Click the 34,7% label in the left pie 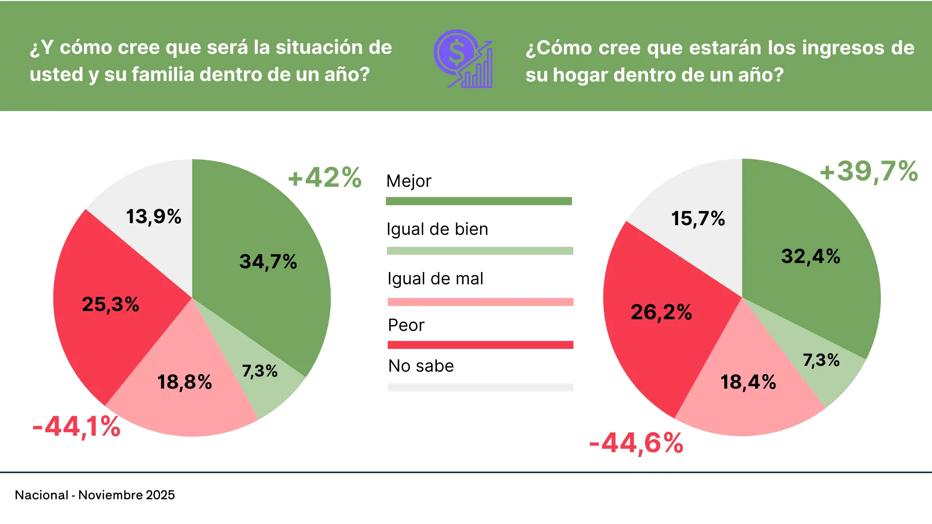[x=268, y=262]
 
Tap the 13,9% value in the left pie [x=153, y=216]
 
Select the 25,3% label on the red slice [x=111, y=305]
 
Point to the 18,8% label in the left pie [x=184, y=382]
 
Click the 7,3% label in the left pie [x=260, y=371]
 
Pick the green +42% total [x=325, y=178]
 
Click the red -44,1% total [x=76, y=427]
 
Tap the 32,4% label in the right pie [x=811, y=256]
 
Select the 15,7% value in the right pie [x=698, y=218]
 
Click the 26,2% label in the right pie [x=661, y=312]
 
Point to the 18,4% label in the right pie [x=748, y=382]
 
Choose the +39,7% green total [x=869, y=171]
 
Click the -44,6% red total [x=636, y=443]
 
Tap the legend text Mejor [x=409, y=181]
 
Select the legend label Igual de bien [x=437, y=229]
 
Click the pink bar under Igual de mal [x=481, y=302]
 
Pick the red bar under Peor [x=481, y=345]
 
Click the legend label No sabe [x=421, y=366]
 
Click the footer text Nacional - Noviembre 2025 [x=95, y=495]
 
